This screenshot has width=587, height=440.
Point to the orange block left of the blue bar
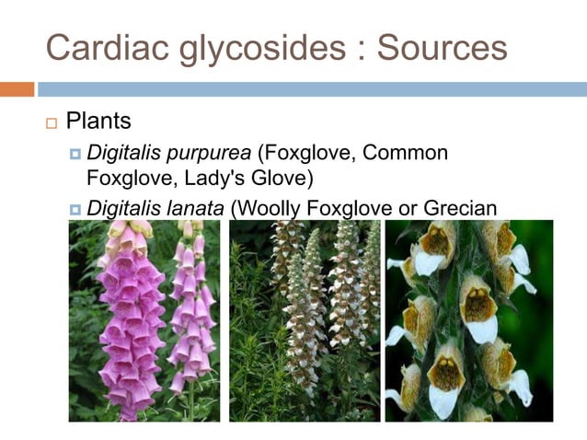[x=17, y=89]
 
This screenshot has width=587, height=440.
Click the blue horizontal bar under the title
[x=311, y=89]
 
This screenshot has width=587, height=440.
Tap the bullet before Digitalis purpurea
[x=75, y=153]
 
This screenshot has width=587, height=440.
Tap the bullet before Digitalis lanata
[x=75, y=208]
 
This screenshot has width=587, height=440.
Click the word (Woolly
[x=267, y=208]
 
